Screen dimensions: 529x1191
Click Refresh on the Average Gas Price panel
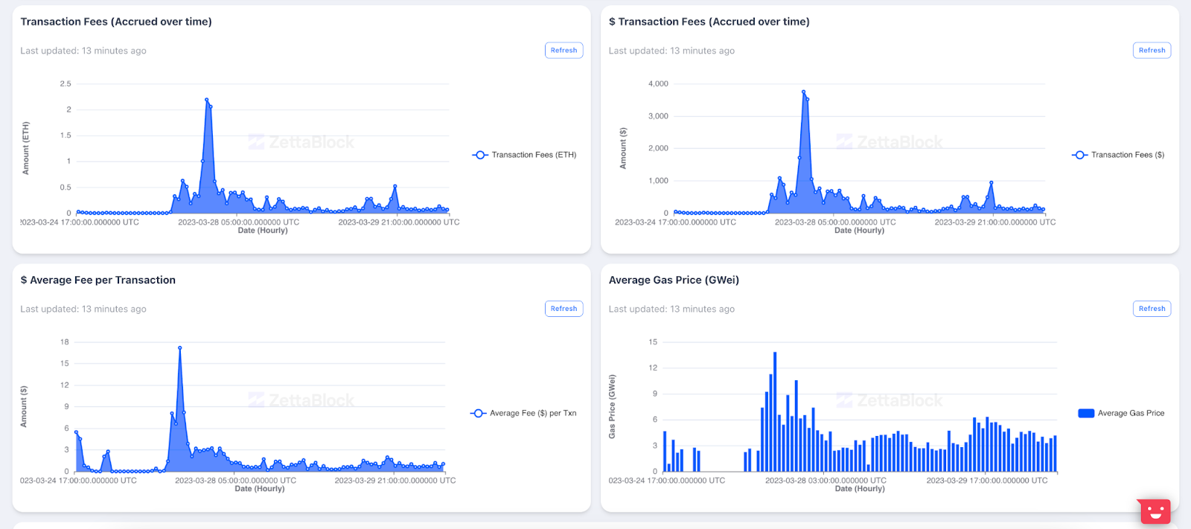(x=1152, y=309)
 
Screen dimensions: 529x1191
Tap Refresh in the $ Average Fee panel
(x=563, y=309)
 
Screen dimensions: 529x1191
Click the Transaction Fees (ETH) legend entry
(x=525, y=155)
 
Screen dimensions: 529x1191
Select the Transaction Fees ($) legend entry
(x=1119, y=155)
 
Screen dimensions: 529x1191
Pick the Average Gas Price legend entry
(x=1122, y=413)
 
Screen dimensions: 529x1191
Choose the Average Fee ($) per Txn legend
(x=524, y=413)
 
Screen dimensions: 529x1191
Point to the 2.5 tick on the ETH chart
(x=66, y=84)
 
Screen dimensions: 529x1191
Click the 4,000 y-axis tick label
(x=658, y=84)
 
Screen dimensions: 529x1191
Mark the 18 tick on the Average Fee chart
(x=65, y=342)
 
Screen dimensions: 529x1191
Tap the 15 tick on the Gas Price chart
(x=653, y=342)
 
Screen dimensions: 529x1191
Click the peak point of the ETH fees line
(x=206, y=100)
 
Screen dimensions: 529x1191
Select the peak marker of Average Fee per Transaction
(x=179, y=347)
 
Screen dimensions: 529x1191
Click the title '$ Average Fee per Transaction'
(x=98, y=280)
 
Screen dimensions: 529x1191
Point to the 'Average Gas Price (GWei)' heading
(x=674, y=280)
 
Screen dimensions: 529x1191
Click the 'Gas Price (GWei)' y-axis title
(x=612, y=406)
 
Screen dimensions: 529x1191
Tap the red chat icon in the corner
(x=1155, y=511)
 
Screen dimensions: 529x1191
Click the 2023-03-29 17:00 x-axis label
(x=986, y=481)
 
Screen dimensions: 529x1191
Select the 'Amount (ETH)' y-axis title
(x=26, y=148)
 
